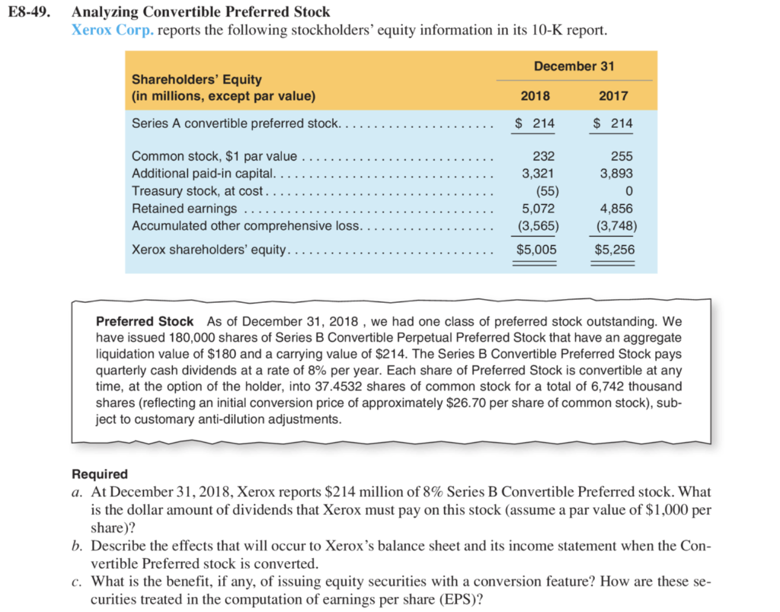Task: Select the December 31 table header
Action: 574,66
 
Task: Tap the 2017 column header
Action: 613,96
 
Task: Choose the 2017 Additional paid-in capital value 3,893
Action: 616,173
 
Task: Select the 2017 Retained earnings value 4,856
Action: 616,208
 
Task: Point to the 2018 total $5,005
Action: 537,249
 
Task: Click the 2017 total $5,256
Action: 614,249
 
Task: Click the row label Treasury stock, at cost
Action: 197,190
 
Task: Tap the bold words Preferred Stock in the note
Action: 145,321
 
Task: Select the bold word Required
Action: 99,474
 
